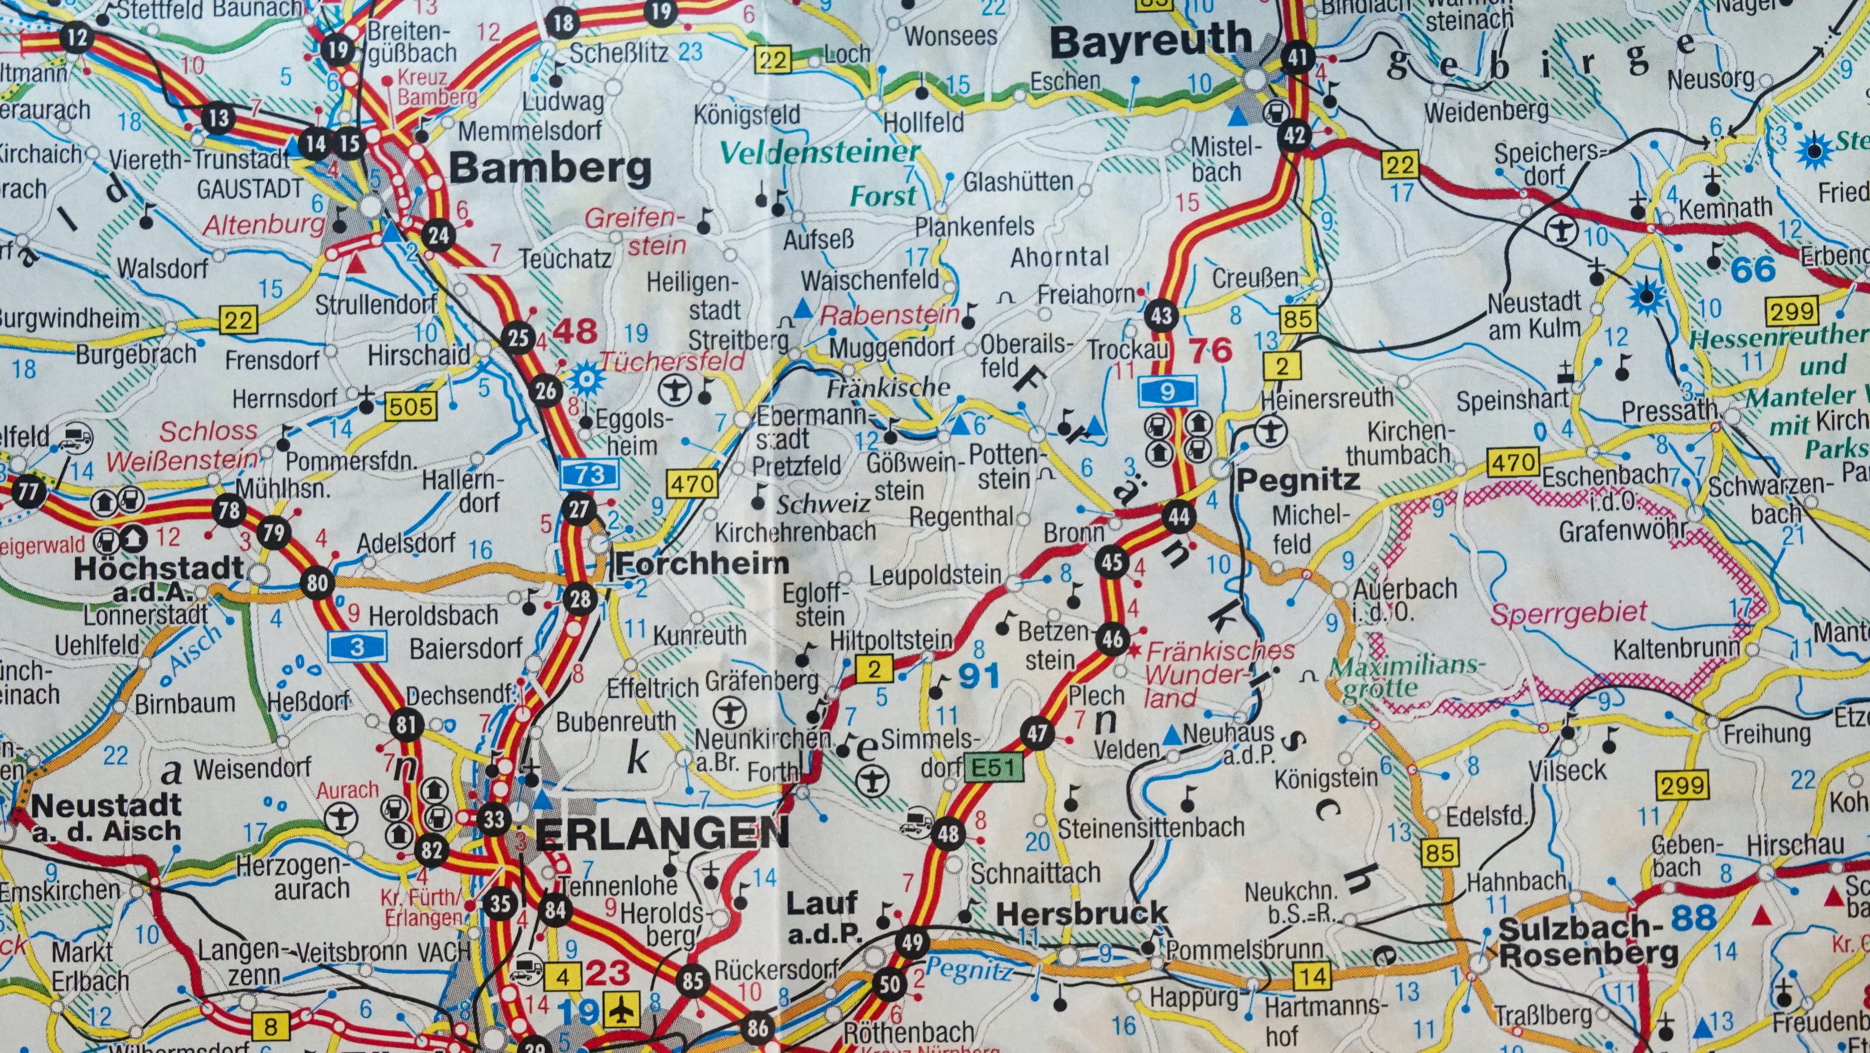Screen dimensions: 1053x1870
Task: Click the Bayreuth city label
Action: (x=1151, y=42)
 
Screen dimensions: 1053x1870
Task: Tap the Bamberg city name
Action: (x=550, y=169)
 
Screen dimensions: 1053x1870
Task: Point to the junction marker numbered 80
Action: (x=317, y=582)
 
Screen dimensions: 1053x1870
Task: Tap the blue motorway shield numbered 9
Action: (x=1167, y=392)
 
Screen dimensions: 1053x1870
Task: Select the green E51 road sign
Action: (x=993, y=767)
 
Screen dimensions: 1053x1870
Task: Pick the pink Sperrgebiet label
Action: (x=1569, y=613)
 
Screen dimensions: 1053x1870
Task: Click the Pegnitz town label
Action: (x=1297, y=479)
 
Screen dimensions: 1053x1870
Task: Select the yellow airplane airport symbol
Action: (x=621, y=1010)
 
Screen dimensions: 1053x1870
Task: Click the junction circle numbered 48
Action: (x=947, y=833)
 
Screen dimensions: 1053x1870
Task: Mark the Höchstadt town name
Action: (x=158, y=568)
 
